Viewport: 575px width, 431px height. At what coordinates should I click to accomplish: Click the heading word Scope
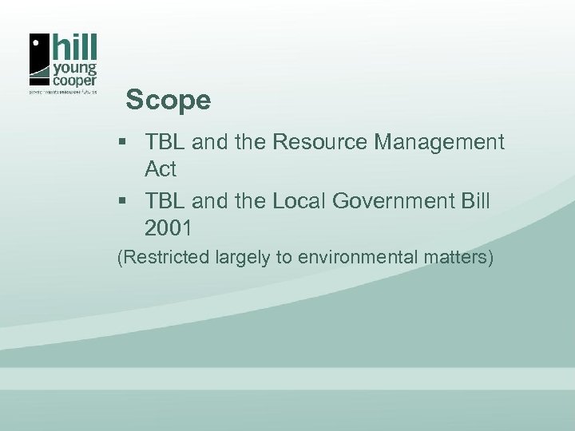tap(169, 101)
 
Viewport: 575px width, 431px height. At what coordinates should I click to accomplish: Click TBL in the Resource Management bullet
tap(165, 143)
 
